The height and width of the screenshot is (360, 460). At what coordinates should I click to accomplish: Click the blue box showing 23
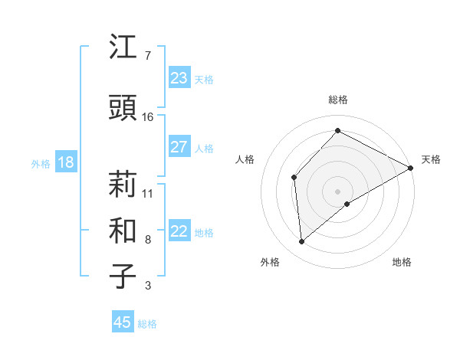179,78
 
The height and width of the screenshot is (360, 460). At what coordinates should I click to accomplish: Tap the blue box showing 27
179,147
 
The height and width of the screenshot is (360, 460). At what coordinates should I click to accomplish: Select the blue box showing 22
179,232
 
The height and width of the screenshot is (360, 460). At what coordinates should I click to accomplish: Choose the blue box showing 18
65,162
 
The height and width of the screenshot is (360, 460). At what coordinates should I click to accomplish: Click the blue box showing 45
123,322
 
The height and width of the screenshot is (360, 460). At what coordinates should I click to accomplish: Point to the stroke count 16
148,117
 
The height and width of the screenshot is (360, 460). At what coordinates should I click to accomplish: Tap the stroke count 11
148,193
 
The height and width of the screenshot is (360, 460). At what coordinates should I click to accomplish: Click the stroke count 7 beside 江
147,56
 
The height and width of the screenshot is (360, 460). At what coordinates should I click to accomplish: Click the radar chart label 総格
337,100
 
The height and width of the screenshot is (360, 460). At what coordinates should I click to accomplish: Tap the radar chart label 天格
431,159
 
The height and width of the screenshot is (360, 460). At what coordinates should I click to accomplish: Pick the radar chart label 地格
402,262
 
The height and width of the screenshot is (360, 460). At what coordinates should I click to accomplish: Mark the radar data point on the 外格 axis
302,242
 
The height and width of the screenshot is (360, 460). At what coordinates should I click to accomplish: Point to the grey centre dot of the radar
337,191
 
